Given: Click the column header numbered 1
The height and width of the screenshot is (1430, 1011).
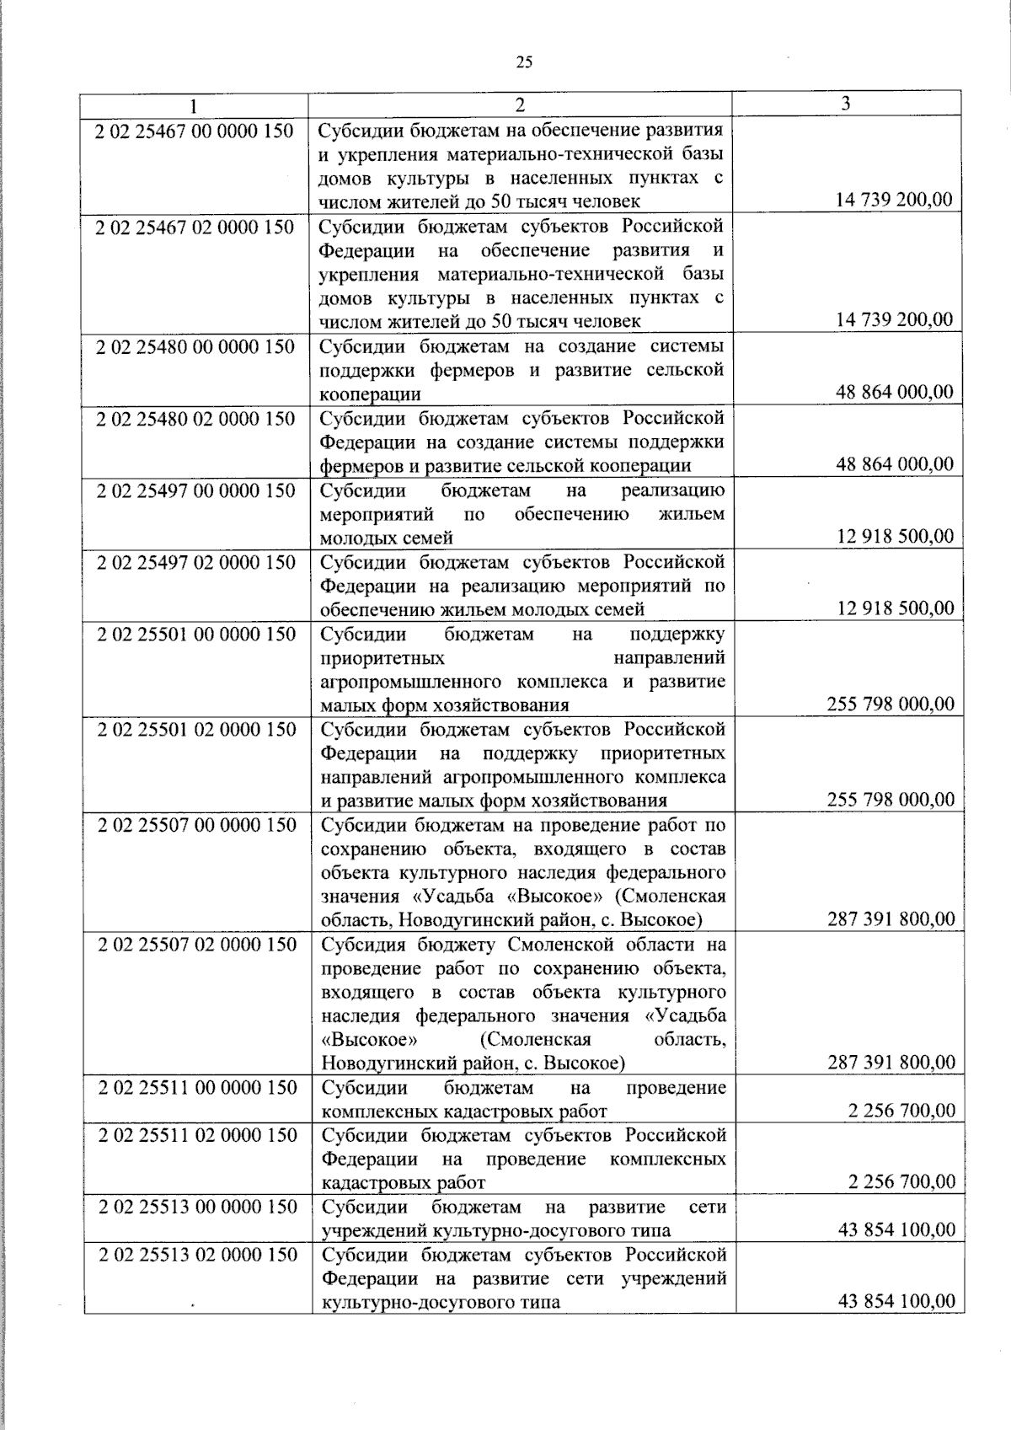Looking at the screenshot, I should pos(195,105).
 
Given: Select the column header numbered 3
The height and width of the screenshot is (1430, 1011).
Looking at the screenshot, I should pos(845,103).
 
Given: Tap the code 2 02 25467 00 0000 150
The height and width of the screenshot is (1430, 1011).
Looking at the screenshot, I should pos(195,131).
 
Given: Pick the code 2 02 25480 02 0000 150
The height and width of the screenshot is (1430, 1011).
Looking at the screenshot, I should pos(195,419).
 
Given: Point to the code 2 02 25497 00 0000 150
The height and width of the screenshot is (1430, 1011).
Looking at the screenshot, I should pos(195,490).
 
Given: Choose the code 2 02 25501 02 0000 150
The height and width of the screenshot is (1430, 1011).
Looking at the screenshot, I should pos(196,729).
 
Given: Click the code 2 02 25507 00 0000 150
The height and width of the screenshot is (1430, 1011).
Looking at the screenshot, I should pos(196,825).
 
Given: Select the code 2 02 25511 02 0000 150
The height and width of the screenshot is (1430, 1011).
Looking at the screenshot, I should pos(197,1135).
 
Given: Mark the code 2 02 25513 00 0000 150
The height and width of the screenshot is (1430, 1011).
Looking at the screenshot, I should pos(197,1207).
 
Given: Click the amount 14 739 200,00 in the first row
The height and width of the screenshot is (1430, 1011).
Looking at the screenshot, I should pos(894,200).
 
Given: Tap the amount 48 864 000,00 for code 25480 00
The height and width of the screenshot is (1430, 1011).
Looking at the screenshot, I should pos(895,392).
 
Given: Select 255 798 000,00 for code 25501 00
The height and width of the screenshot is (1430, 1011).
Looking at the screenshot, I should pos(891,704).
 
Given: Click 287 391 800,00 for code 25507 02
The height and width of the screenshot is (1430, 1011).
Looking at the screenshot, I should pos(891,1062).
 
